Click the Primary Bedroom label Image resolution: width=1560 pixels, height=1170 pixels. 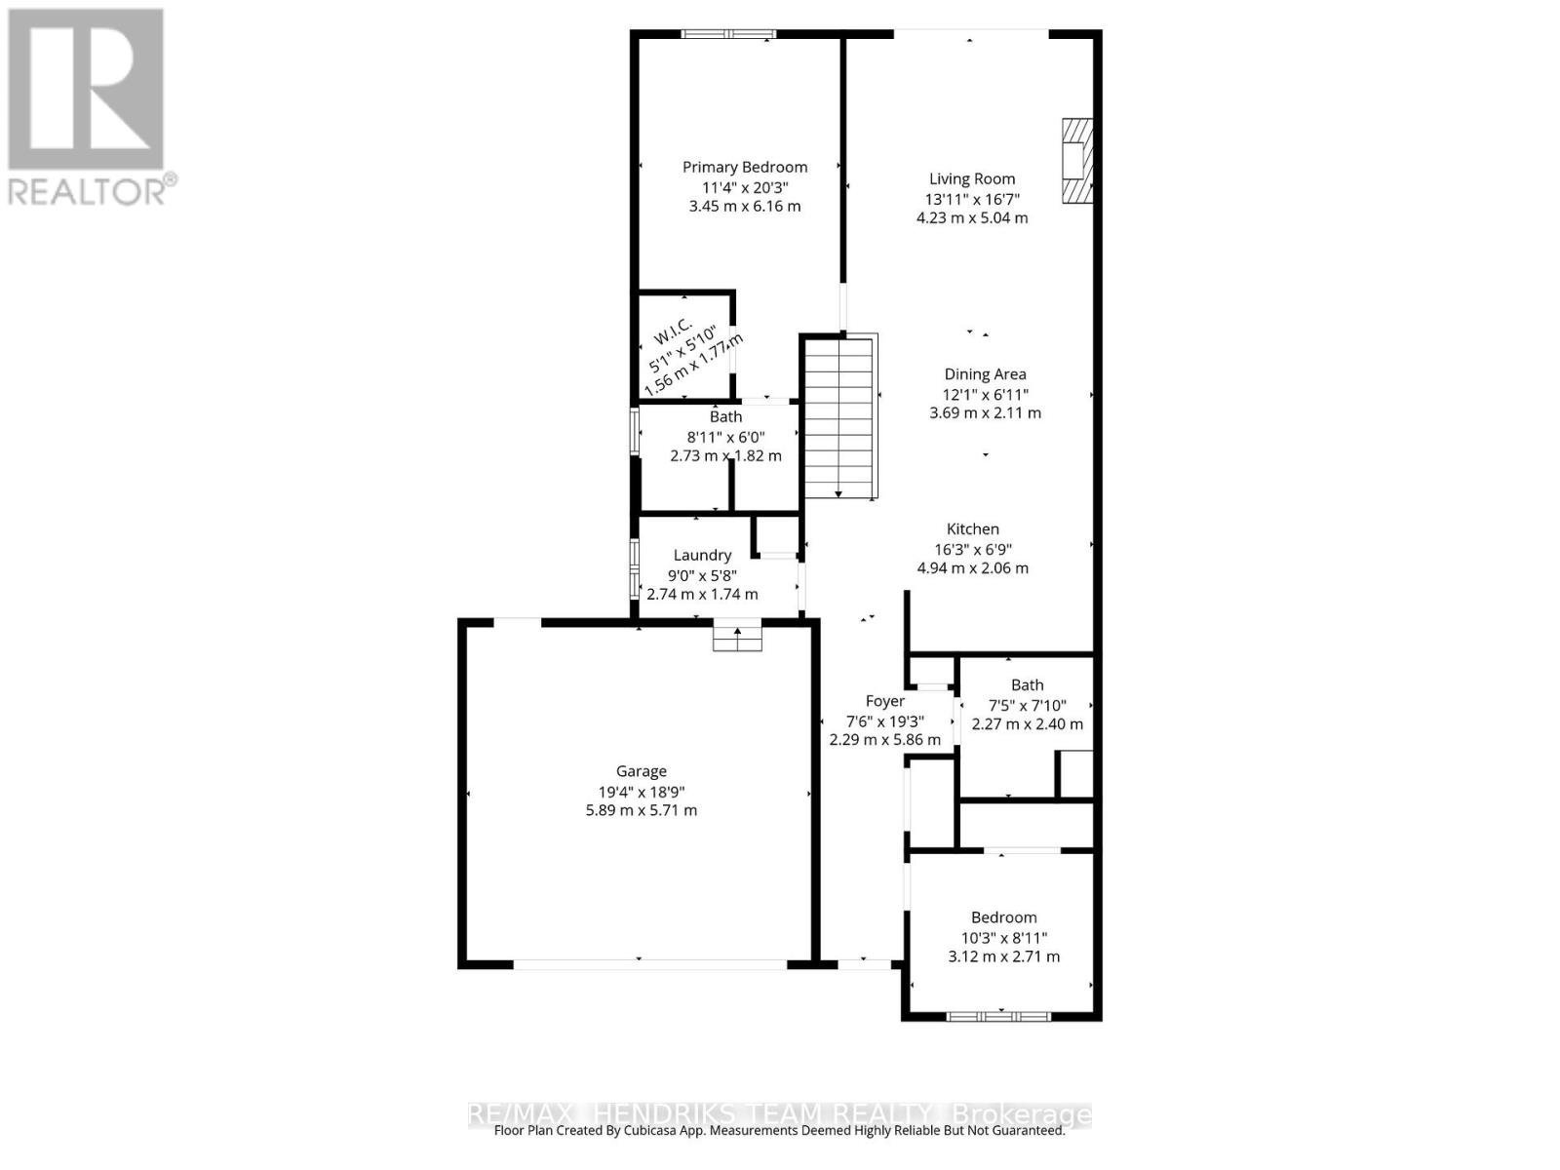[x=744, y=167]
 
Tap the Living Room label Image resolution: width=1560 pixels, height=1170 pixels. [x=971, y=178]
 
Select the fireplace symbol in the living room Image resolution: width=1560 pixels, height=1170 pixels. [x=1076, y=161]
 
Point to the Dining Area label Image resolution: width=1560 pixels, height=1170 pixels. [x=985, y=373]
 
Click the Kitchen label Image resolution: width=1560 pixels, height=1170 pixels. [x=972, y=528]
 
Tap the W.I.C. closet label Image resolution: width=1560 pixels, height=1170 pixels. [x=673, y=331]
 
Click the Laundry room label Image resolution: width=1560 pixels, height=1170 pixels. [x=702, y=555]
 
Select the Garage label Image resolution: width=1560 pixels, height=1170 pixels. [x=641, y=770]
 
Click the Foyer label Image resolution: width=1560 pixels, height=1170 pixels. [x=884, y=700]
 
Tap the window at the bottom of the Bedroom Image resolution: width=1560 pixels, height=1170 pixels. [x=997, y=1016]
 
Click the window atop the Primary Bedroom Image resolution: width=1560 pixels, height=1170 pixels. [x=728, y=34]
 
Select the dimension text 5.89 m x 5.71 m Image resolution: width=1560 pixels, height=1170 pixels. [x=641, y=810]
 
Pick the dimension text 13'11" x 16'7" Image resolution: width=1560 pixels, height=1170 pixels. [x=971, y=199]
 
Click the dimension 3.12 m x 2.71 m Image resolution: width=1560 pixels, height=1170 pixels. [x=1003, y=956]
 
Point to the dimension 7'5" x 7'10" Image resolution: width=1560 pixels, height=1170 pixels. [x=1027, y=705]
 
